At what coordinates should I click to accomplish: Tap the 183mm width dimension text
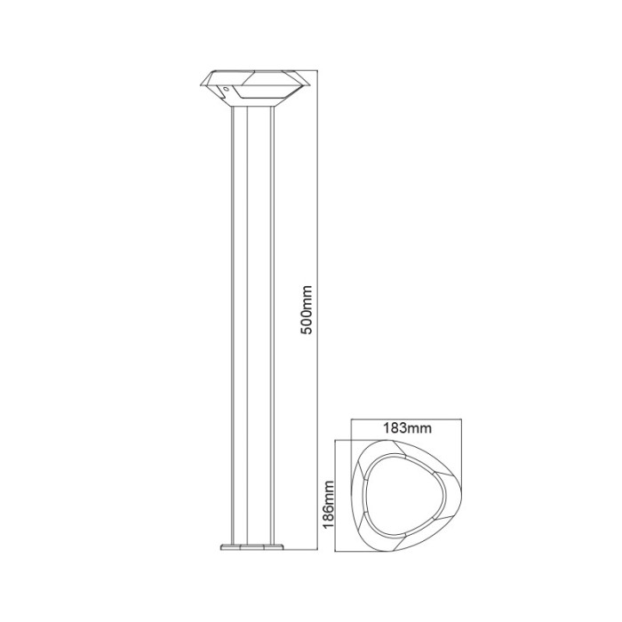(399, 427)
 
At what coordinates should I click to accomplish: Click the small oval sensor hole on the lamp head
(227, 91)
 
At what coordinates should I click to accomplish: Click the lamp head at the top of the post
(252, 87)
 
